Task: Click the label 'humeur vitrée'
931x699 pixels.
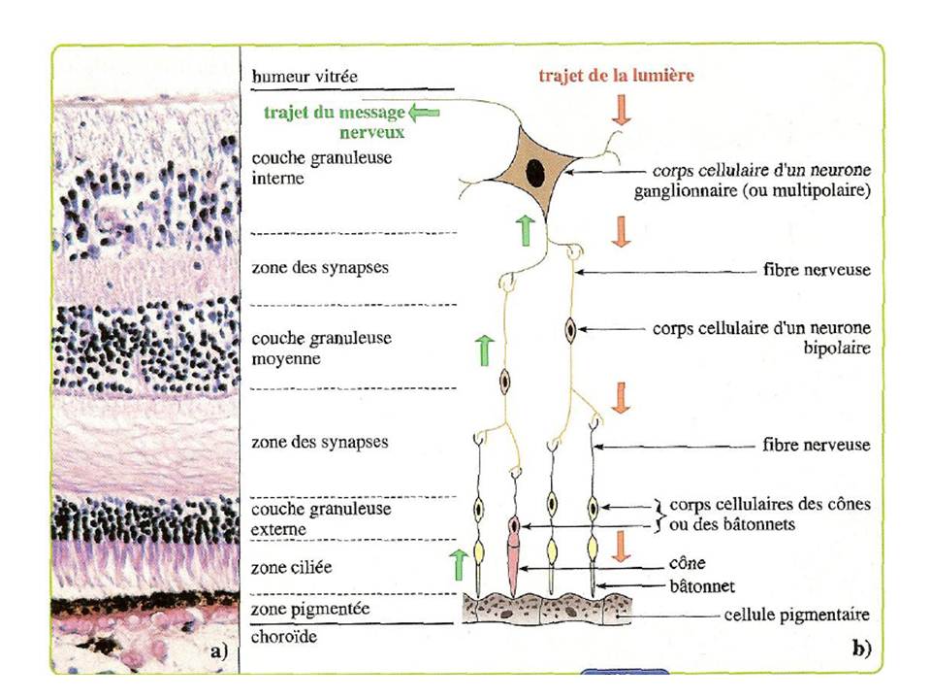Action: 297,76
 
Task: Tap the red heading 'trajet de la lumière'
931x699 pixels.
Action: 617,75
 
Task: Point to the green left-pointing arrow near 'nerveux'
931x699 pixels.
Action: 425,114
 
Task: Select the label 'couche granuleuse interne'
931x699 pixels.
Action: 307,167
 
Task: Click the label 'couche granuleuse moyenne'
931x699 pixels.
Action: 307,348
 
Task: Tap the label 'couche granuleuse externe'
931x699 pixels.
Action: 307,518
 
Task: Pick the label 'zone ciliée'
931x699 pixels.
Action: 291,567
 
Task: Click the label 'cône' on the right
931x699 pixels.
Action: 687,563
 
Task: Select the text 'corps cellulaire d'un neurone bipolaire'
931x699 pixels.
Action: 762,337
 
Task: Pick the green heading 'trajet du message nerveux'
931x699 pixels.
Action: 335,120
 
